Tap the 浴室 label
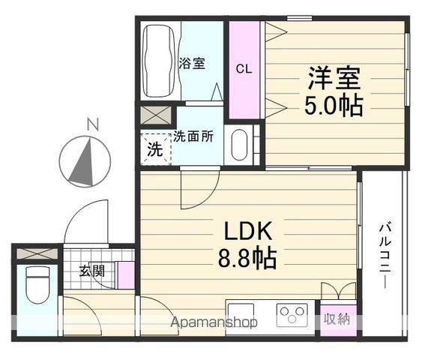[192, 63]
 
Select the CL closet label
[244, 69]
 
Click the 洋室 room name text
[334, 78]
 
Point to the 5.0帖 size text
[334, 106]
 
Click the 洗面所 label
[193, 136]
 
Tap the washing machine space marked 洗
[156, 149]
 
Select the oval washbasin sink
[239, 145]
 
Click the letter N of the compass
[93, 124]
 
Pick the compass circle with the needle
[85, 161]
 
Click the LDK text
[248, 231]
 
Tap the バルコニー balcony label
[385, 256]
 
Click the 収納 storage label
[337, 319]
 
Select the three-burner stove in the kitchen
[292, 315]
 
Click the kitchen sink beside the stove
[241, 316]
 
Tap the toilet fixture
[37, 284]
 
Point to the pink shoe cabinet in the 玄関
[125, 275]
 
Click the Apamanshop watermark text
[214, 322]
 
